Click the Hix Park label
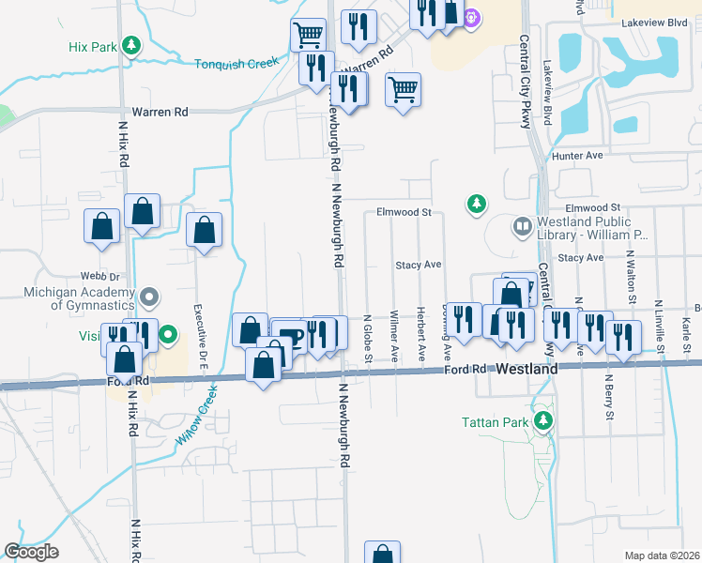coord(91,45)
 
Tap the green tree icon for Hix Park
coord(132,44)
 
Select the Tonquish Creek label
coord(237,64)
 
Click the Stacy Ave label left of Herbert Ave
coord(418,266)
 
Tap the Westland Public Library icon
coord(522,226)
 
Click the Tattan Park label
coord(495,421)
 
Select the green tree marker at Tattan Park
coord(542,420)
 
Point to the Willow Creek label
coord(196,414)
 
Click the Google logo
coord(31,552)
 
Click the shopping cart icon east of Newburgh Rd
coord(403,91)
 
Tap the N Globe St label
coord(369,338)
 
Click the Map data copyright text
coord(663,555)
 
